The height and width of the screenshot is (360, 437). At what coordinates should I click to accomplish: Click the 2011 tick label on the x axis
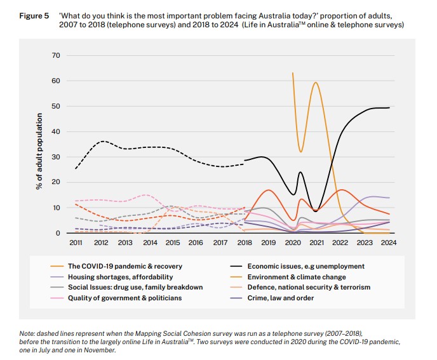point(76,243)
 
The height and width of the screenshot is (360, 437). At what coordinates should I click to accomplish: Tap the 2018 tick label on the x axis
point(244,243)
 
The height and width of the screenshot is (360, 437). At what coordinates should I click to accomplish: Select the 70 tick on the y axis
point(56,56)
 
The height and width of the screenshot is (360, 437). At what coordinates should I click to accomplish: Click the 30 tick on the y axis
point(56,157)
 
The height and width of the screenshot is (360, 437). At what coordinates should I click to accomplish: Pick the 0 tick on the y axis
point(58,234)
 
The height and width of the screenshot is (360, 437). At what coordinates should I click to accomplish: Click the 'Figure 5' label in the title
point(34,14)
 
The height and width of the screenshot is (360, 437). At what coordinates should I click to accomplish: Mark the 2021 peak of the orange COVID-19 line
point(316,83)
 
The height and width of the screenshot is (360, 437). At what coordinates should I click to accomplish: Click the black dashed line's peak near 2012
point(103,141)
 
